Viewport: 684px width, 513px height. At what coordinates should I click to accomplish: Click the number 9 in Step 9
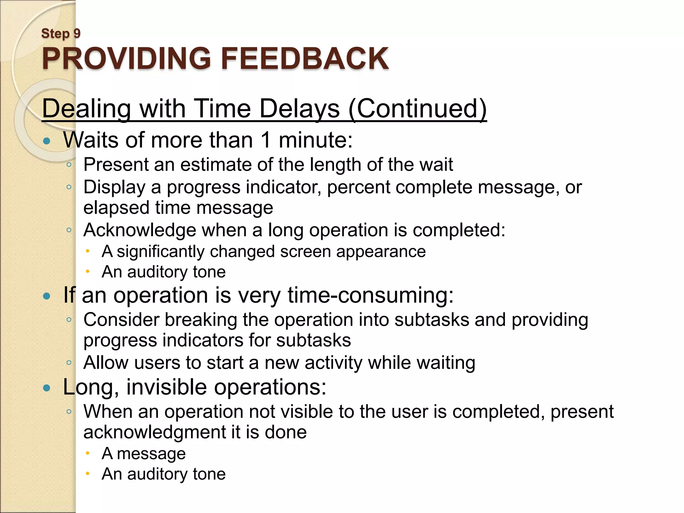coord(77,33)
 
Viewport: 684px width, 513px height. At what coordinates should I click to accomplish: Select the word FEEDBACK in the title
coord(305,58)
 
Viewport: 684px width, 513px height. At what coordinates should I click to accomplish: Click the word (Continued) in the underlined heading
coord(417,109)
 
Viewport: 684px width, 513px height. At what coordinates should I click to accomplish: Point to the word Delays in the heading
coord(299,109)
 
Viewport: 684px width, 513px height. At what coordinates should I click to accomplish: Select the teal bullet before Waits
coord(47,141)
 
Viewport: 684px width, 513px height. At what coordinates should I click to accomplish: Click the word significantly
coord(160,251)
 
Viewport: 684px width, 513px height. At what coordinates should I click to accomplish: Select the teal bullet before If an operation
coord(47,296)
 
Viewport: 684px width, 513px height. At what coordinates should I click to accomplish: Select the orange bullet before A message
coord(88,453)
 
